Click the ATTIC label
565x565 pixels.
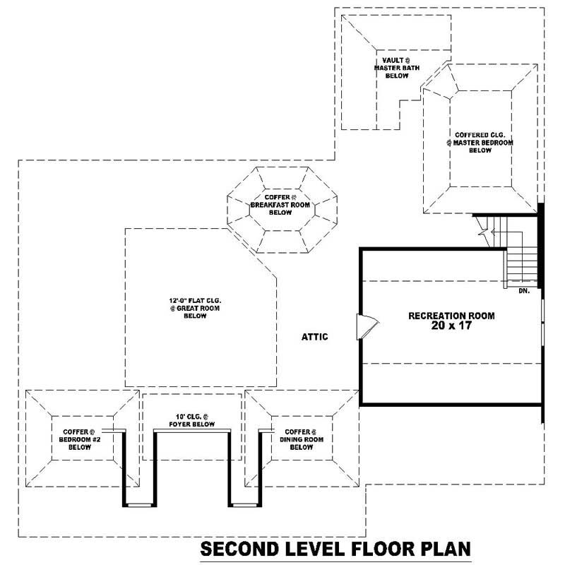(314, 337)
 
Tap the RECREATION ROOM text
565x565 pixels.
(451, 316)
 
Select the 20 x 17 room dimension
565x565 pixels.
(451, 326)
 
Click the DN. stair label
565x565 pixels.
(523, 290)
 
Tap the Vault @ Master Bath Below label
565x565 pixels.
(396, 69)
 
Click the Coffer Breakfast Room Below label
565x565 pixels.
(280, 204)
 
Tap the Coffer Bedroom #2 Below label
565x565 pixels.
(75, 439)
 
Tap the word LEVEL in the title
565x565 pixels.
(309, 549)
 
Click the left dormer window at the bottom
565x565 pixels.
(138, 504)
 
